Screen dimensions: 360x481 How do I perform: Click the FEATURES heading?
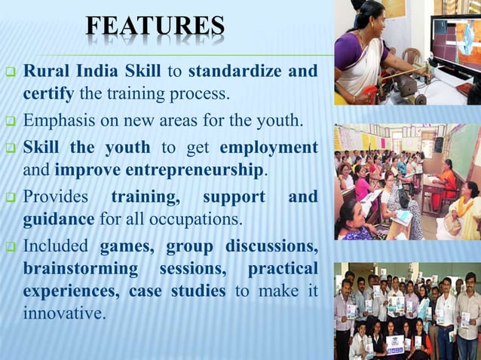click(x=155, y=27)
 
